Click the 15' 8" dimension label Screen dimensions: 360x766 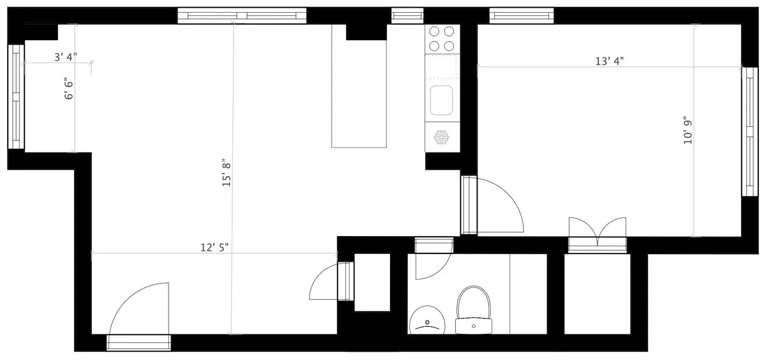pyautogui.click(x=225, y=173)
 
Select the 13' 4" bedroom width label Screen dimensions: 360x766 pyautogui.click(x=609, y=61)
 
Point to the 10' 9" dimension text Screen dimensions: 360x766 pyautogui.click(x=687, y=131)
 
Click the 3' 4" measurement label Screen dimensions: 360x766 pyautogui.click(x=65, y=57)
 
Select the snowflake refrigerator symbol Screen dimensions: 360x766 pyautogui.click(x=442, y=137)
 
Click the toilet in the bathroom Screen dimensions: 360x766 pyautogui.click(x=473, y=310)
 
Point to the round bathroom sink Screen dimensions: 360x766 pyautogui.click(x=426, y=321)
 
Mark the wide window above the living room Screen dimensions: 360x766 pyautogui.click(x=242, y=15)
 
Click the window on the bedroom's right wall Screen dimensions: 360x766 pyautogui.click(x=749, y=131)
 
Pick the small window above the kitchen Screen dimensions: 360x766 pyautogui.click(x=407, y=15)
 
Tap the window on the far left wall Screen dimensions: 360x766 pyautogui.click(x=16, y=96)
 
